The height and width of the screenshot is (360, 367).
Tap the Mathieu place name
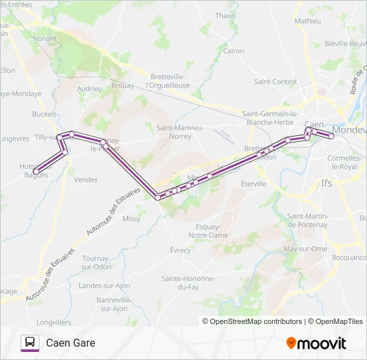click(x=307, y=21)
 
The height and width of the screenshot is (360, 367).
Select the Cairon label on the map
click(x=234, y=51)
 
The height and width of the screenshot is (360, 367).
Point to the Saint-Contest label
click(x=276, y=82)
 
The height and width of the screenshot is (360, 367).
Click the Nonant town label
click(x=45, y=39)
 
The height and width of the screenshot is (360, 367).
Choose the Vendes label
click(x=85, y=179)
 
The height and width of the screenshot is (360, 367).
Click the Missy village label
click(x=131, y=218)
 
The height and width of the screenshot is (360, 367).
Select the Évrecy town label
click(x=180, y=251)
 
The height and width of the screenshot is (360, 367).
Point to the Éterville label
click(x=254, y=183)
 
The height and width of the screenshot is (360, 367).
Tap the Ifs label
click(x=326, y=182)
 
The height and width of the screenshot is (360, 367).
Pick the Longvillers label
click(x=54, y=322)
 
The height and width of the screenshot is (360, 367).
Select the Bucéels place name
click(x=44, y=114)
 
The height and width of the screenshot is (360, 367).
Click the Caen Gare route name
click(x=71, y=343)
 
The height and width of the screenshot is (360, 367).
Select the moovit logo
click(x=316, y=343)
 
